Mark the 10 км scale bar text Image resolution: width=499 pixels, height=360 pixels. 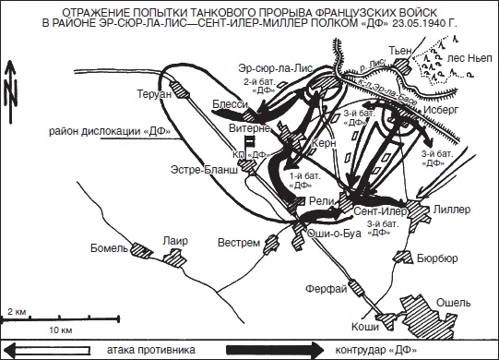coord(61,329)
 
